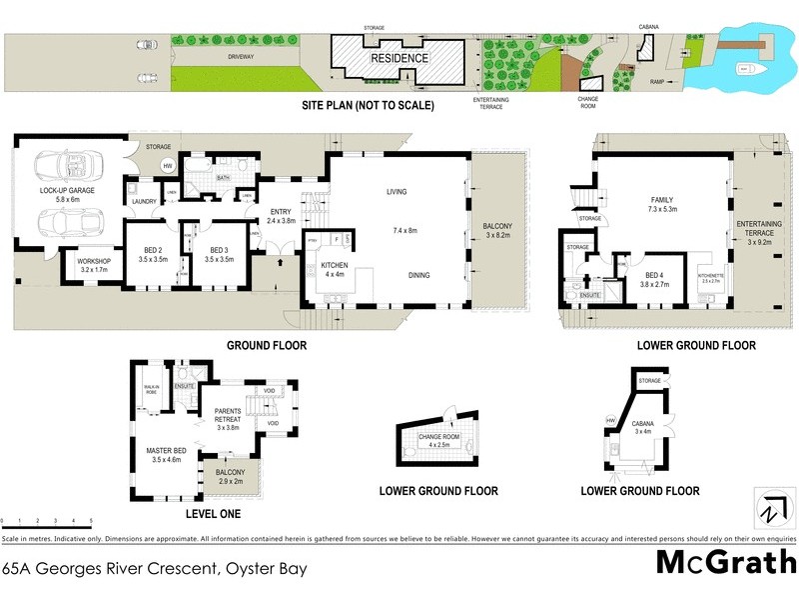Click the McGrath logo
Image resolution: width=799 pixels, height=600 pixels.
point(725,563)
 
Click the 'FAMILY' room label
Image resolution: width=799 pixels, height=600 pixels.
point(663,200)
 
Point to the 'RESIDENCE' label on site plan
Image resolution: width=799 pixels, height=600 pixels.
point(400,58)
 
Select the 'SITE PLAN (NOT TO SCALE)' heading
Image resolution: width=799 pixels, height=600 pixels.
point(369,105)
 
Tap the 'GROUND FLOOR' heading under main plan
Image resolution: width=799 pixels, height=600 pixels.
point(267,345)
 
